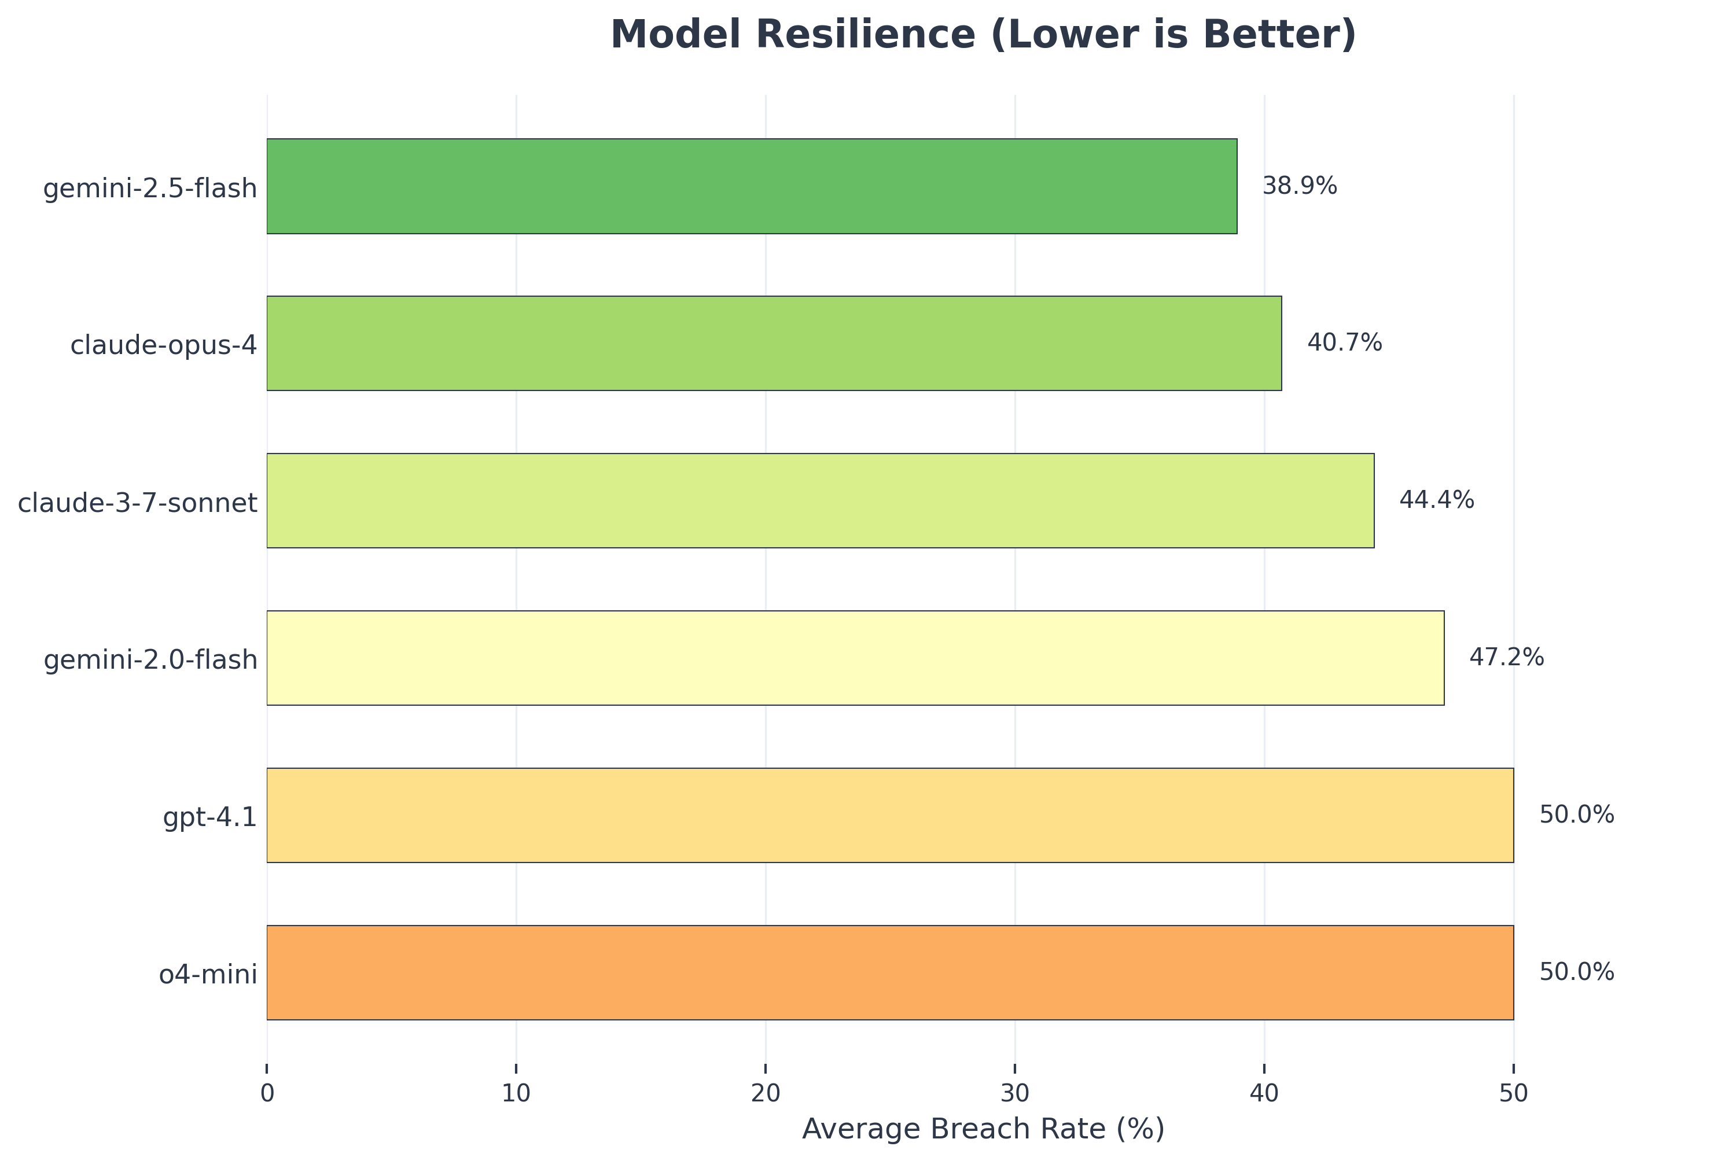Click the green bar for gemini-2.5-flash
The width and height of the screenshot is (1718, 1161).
[x=751, y=186]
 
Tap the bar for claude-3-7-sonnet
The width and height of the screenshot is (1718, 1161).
[x=820, y=500]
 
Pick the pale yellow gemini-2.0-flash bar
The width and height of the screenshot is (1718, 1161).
[x=855, y=658]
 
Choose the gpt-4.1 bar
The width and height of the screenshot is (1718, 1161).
[x=889, y=815]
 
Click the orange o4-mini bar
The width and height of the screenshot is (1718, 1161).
[x=889, y=972]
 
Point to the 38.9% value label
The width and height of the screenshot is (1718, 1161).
[x=1299, y=186]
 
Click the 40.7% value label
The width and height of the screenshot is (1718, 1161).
[x=1344, y=343]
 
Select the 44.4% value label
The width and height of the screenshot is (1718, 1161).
[x=1436, y=500]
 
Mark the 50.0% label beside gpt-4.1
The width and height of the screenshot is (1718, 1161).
[x=1576, y=815]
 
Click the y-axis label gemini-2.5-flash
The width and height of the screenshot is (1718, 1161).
[x=150, y=189]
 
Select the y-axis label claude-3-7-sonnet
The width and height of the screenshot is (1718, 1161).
[x=138, y=503]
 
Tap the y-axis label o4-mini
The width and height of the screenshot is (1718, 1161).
[x=208, y=975]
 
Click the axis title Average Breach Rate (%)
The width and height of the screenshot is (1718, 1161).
[x=983, y=1129]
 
